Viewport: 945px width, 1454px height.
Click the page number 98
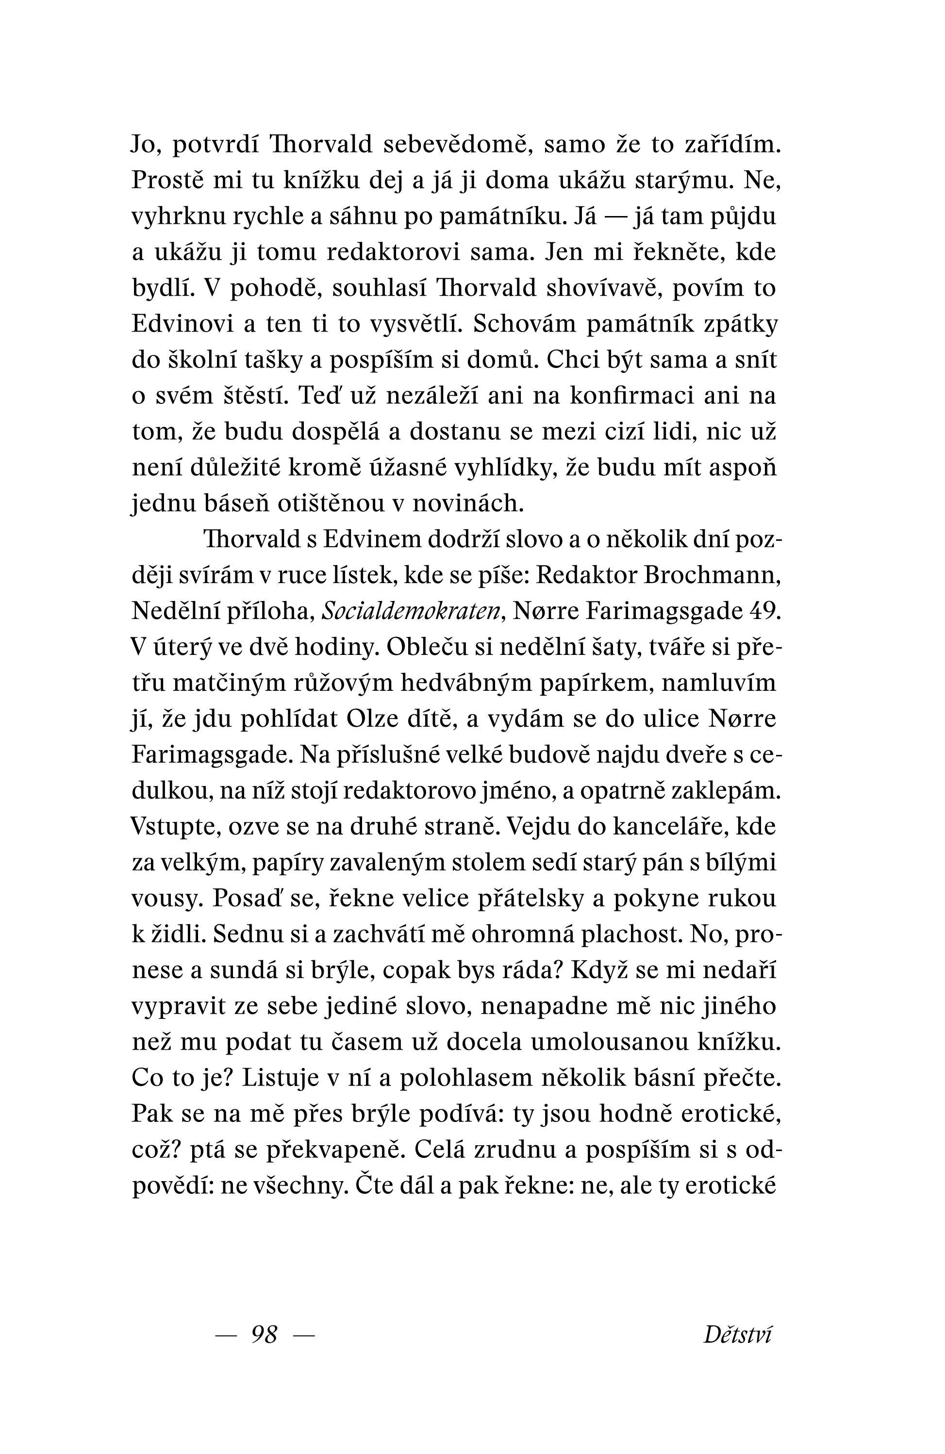point(264,1334)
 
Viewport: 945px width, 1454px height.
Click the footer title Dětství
point(737,1334)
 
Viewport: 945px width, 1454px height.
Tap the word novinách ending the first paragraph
point(468,503)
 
